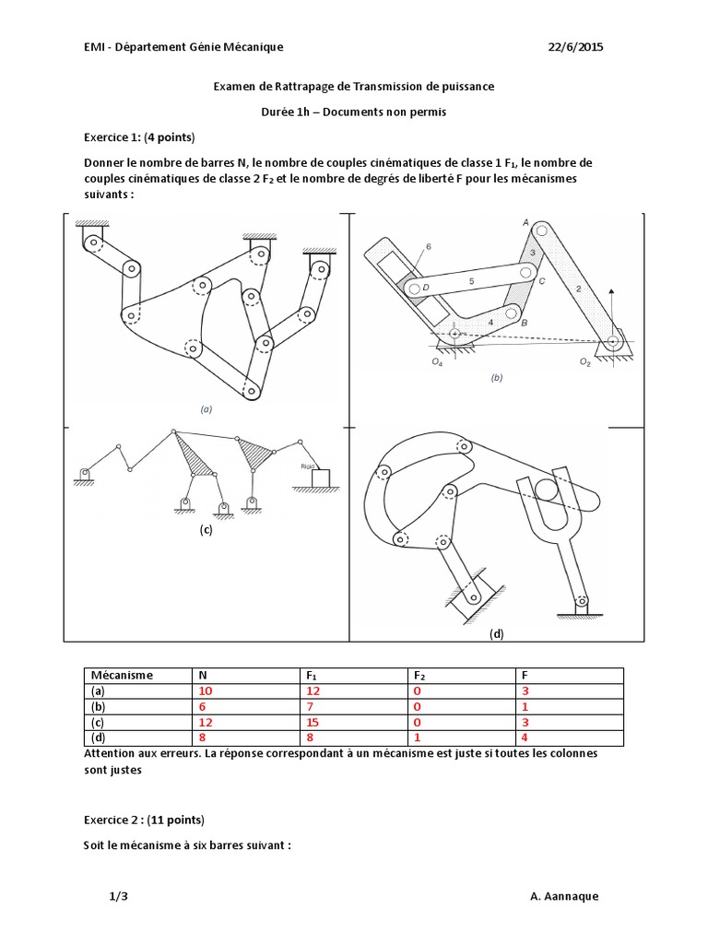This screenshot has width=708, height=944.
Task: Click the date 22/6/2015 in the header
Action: click(x=575, y=47)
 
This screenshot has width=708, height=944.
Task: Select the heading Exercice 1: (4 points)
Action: click(x=139, y=137)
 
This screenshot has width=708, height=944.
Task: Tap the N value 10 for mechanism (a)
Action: click(x=204, y=690)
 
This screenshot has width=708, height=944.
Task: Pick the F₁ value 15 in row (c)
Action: click(x=313, y=722)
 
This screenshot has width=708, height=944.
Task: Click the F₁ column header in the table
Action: click(x=312, y=675)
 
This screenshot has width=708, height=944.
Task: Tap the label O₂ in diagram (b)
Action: click(x=584, y=362)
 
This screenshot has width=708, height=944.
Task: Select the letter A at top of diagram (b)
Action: click(x=525, y=222)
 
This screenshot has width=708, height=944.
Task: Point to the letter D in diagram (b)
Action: click(x=425, y=288)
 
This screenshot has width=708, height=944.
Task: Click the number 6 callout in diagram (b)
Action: click(x=429, y=246)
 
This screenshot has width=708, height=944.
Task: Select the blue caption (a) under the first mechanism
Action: click(x=206, y=407)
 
